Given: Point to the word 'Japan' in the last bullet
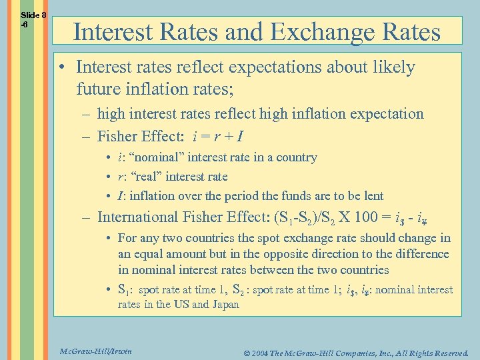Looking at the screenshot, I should tap(225, 304).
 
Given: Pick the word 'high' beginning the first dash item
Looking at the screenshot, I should tap(111, 114).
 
